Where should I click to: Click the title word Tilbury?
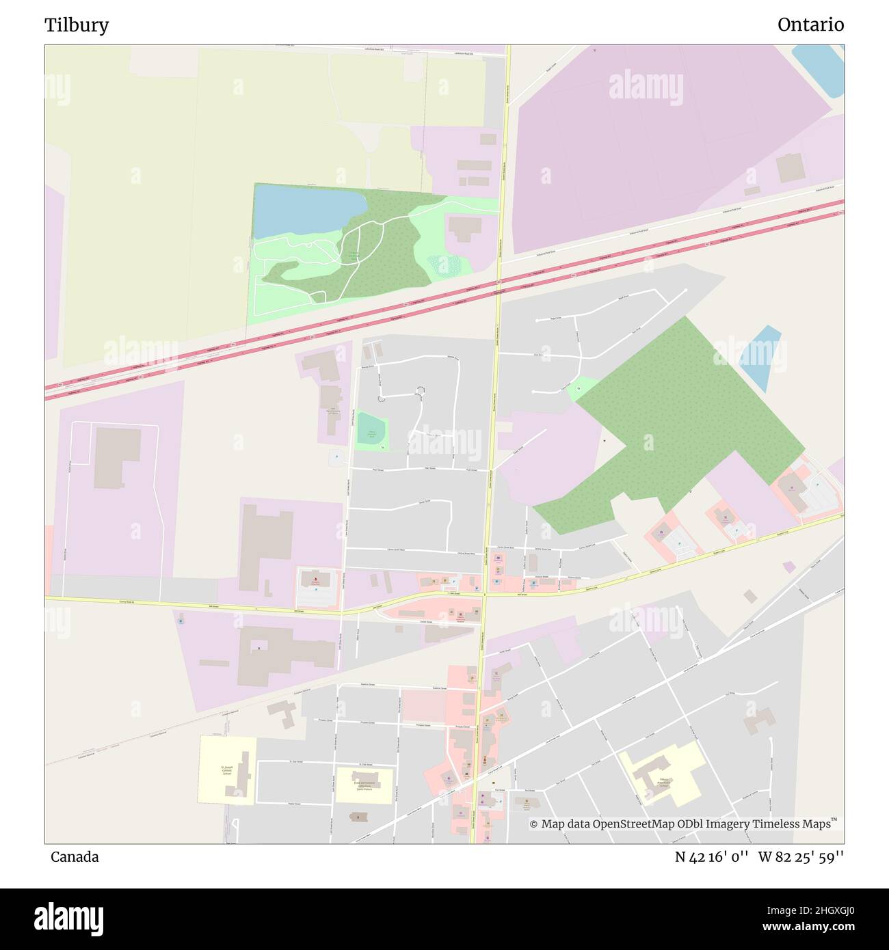(x=77, y=25)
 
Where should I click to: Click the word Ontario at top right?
(x=810, y=25)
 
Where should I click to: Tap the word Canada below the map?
(x=74, y=856)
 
